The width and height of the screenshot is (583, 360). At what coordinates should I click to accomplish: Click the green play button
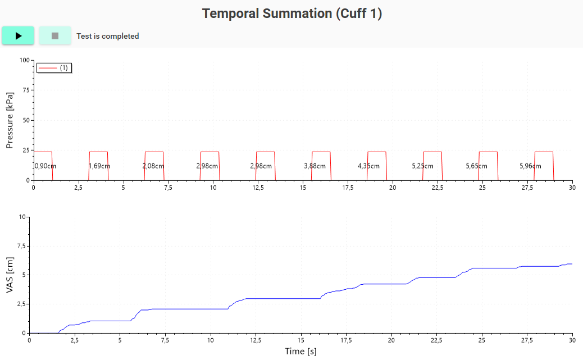(x=18, y=36)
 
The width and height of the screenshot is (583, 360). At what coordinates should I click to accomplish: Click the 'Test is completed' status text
(x=108, y=36)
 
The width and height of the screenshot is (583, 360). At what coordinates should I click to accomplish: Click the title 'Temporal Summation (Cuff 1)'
(x=292, y=13)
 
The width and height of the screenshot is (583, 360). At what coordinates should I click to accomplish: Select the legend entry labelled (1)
(x=54, y=68)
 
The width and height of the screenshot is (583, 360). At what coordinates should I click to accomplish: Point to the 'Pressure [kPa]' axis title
(x=10, y=121)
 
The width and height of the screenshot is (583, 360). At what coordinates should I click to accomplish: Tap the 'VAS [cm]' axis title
(x=10, y=275)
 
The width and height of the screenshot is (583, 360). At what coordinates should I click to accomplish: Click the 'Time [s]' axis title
(x=301, y=351)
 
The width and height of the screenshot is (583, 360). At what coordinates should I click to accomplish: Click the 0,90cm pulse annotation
(x=45, y=166)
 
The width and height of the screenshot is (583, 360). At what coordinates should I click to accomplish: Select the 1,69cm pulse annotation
(x=99, y=166)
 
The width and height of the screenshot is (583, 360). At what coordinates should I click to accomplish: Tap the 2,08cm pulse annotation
(x=153, y=166)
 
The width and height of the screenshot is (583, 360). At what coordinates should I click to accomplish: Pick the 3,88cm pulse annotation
(x=315, y=166)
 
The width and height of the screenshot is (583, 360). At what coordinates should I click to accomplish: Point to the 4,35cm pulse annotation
(x=368, y=166)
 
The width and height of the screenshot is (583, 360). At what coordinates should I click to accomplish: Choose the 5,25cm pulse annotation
(x=422, y=166)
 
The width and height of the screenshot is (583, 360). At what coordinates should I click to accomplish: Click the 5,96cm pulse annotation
(x=530, y=166)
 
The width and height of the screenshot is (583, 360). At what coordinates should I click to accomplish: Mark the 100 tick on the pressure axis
(x=25, y=60)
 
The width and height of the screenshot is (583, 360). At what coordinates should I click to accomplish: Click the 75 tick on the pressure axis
(x=26, y=90)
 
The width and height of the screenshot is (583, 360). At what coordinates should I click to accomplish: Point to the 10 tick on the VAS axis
(x=22, y=217)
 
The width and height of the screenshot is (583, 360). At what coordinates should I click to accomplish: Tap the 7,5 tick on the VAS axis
(x=21, y=246)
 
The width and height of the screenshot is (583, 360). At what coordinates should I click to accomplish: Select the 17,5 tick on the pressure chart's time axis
(x=348, y=188)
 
